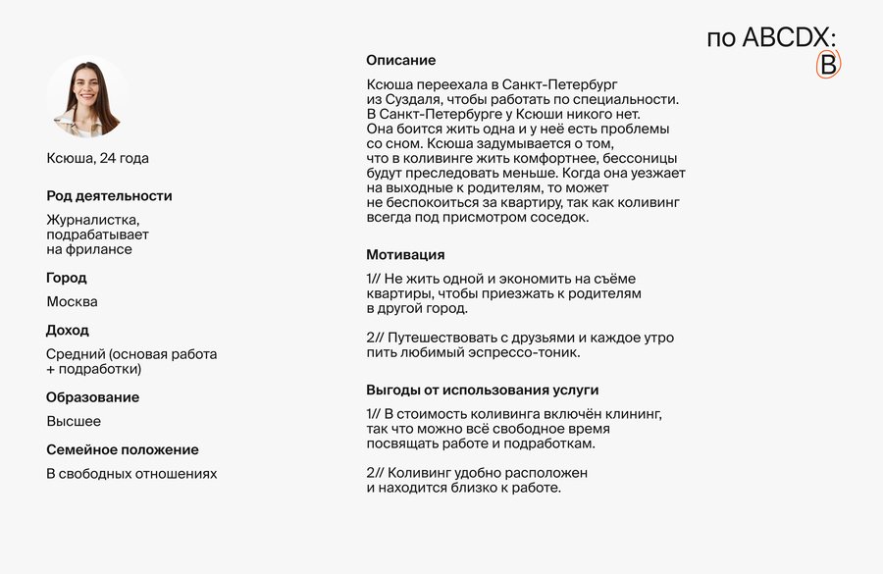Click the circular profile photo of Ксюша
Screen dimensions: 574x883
point(87,95)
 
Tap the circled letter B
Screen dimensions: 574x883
point(829,65)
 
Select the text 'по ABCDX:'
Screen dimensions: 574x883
point(771,37)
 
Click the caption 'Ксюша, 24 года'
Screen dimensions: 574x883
point(98,158)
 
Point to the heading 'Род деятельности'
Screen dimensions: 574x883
point(109,195)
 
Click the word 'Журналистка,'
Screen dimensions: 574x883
point(93,220)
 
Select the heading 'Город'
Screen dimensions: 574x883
point(67,278)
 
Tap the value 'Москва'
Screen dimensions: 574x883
point(73,301)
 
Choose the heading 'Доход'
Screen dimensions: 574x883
point(68,330)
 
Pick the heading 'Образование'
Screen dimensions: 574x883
point(92,397)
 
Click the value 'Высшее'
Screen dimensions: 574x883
point(74,421)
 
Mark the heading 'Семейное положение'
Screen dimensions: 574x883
point(123,449)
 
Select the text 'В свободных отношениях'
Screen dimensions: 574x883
point(131,474)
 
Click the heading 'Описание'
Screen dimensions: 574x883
point(401,60)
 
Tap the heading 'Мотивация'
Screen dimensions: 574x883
point(405,254)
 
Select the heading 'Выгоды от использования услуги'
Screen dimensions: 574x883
point(483,390)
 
